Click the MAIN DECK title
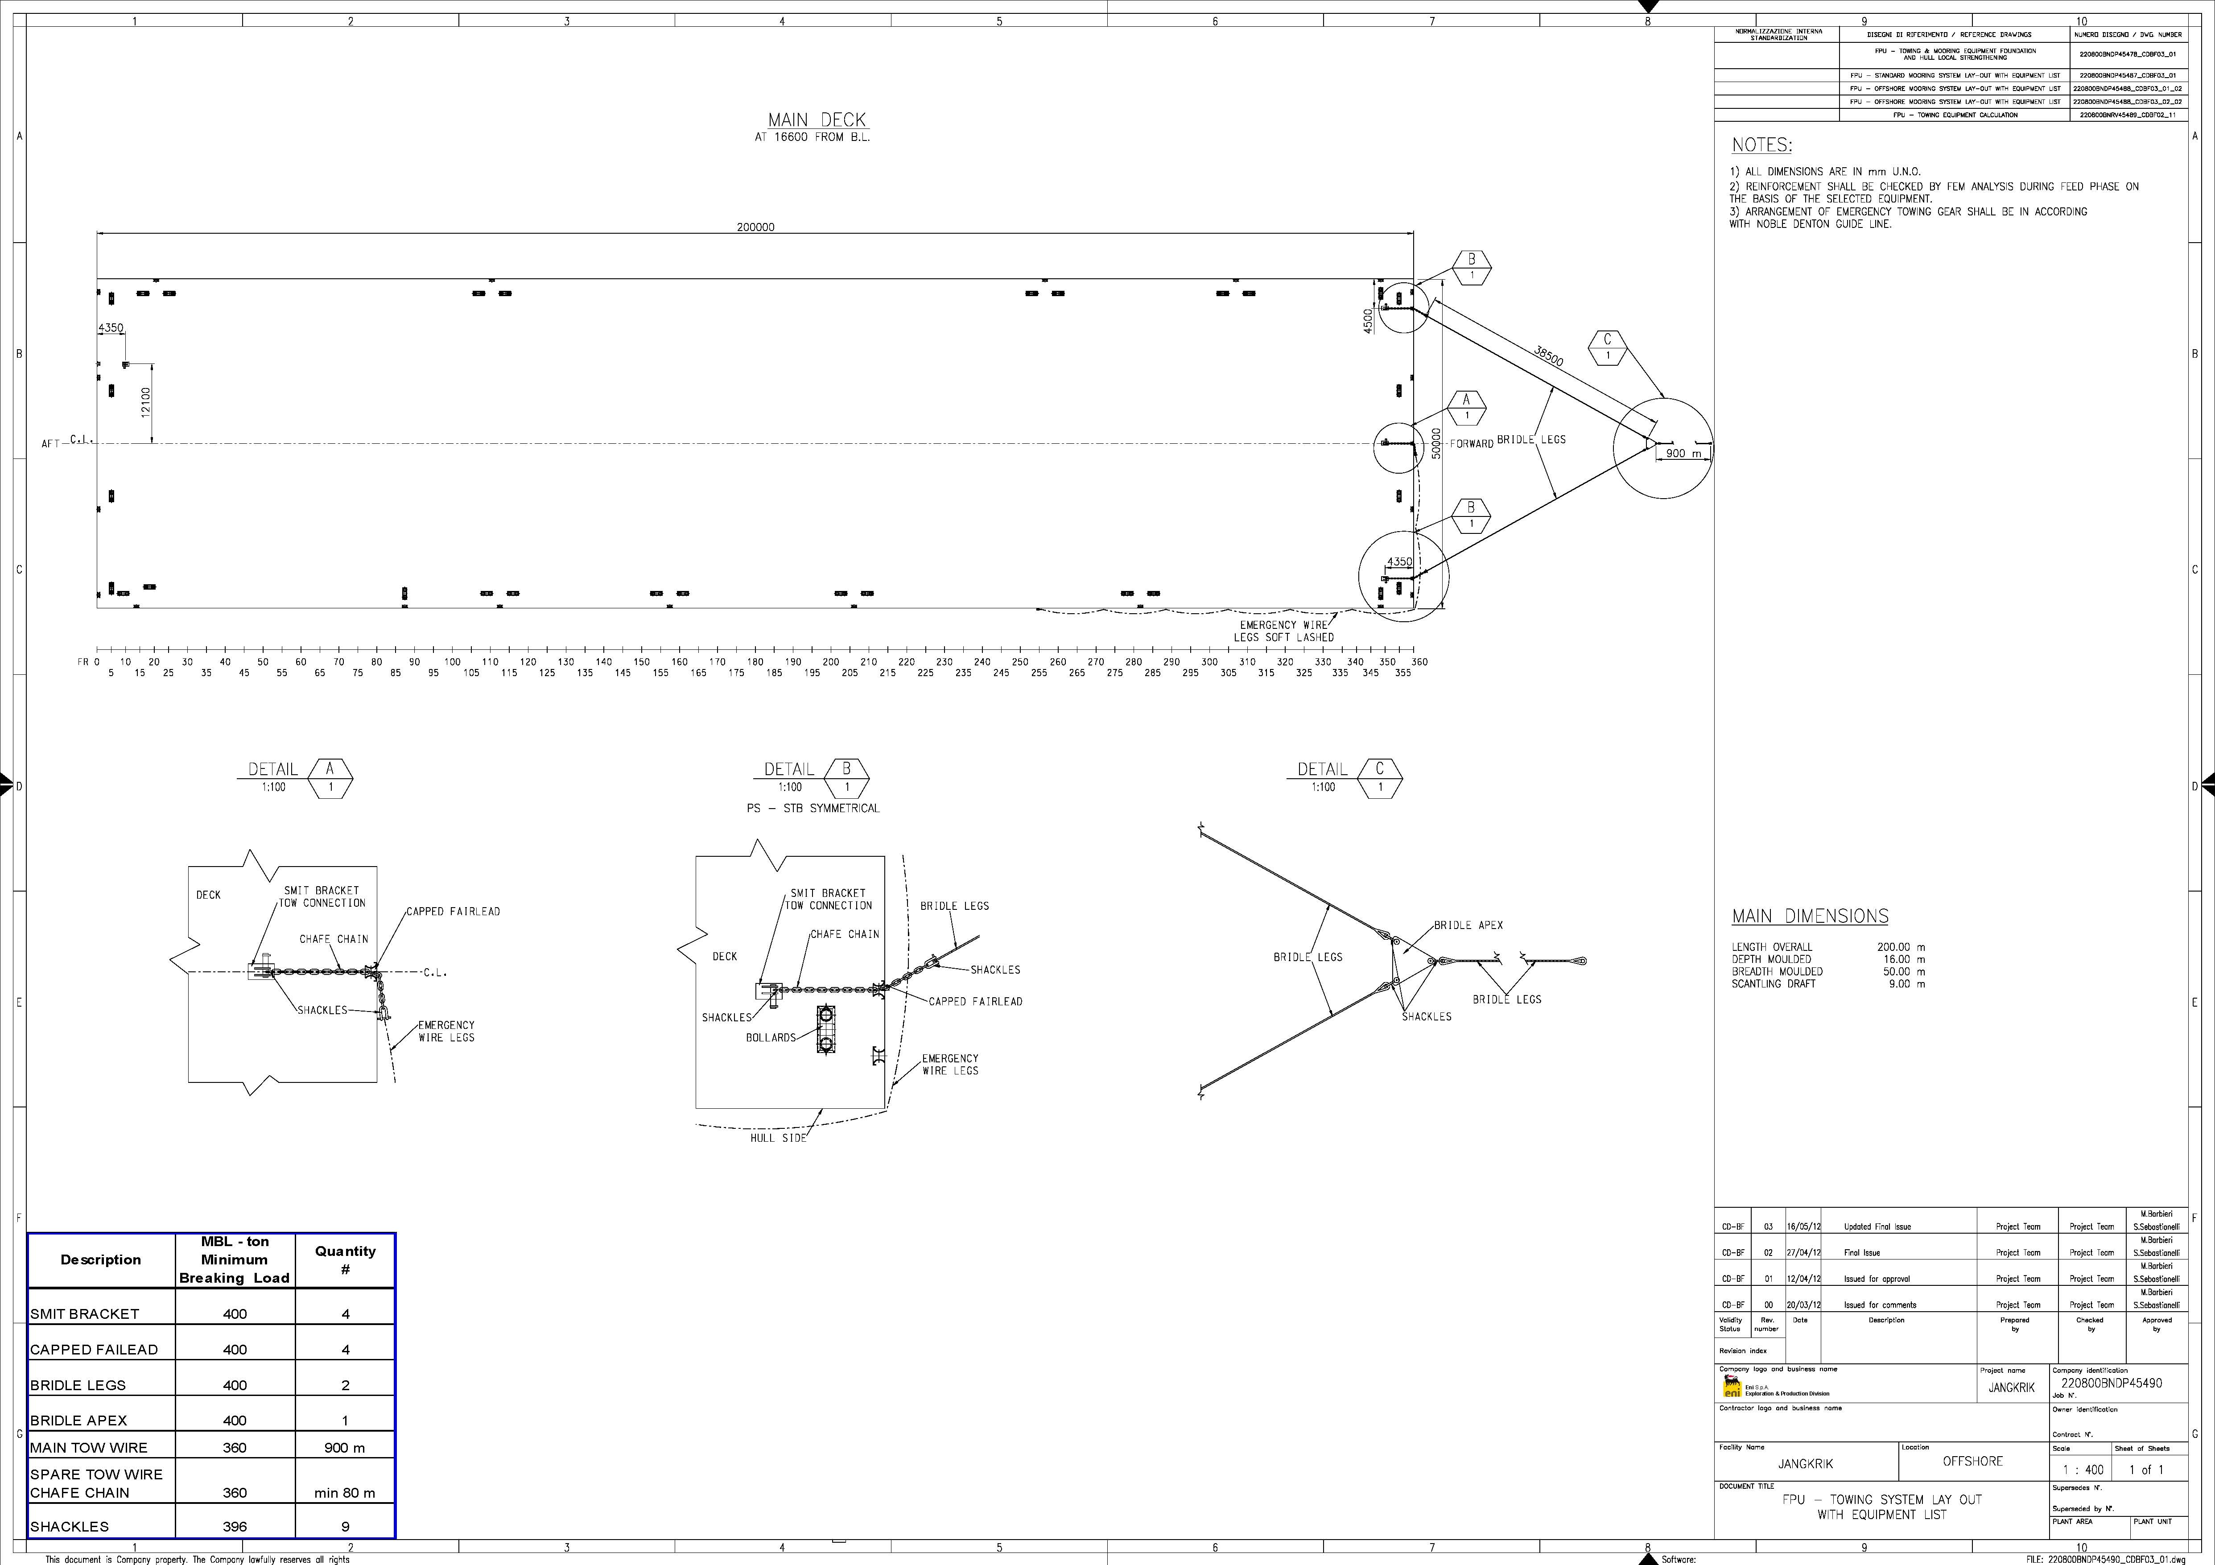click(817, 120)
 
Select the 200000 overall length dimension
click(755, 228)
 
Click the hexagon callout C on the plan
click(1607, 347)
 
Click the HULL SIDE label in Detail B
click(778, 1138)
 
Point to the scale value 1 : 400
click(2083, 1470)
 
